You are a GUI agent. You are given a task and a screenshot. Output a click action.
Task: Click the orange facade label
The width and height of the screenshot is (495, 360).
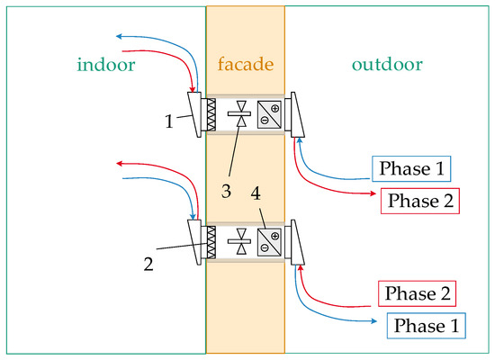pyautogui.click(x=245, y=65)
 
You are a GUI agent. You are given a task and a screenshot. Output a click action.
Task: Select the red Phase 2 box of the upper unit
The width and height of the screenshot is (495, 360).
pyautogui.click(x=420, y=200)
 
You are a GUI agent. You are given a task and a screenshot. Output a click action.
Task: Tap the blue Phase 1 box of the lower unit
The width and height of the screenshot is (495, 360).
pyautogui.click(x=427, y=325)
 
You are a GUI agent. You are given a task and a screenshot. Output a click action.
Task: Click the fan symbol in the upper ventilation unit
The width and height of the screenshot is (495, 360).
pyautogui.click(x=240, y=115)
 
